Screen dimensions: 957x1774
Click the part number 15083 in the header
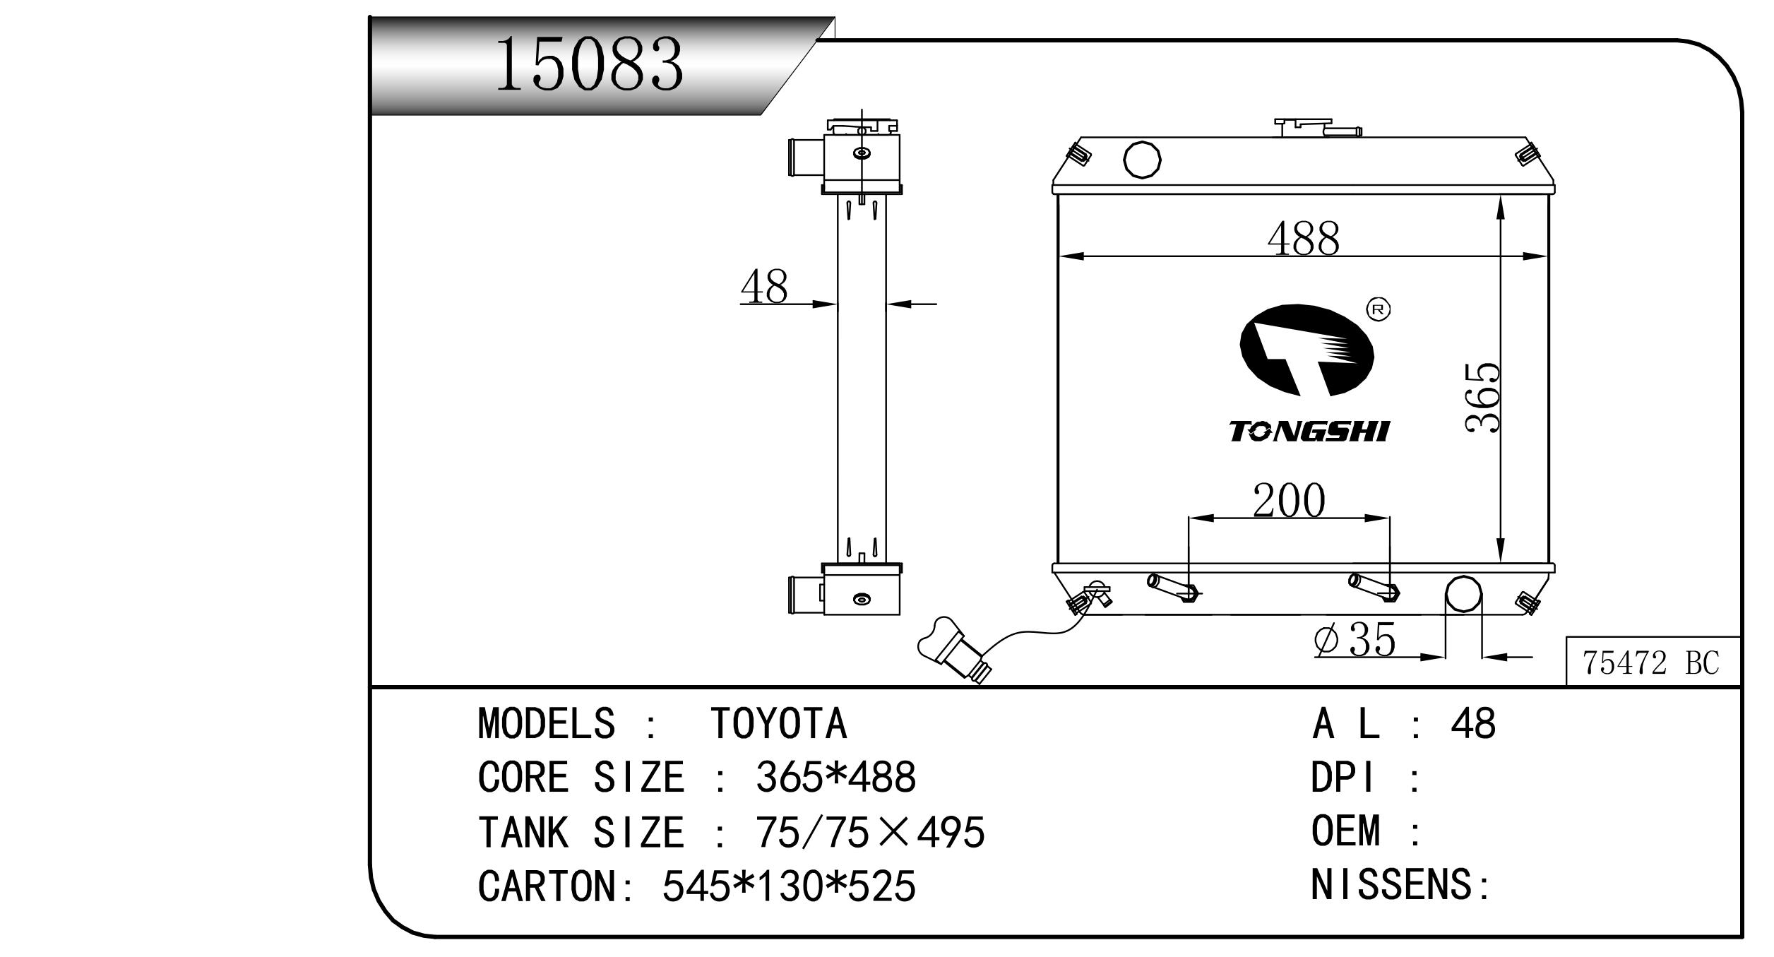click(590, 66)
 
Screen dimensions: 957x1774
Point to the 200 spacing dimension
click(1289, 501)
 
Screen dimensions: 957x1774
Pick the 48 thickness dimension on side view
click(764, 287)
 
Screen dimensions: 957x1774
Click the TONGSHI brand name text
click(1309, 431)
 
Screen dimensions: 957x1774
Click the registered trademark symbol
click(1379, 309)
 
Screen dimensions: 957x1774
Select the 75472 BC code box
click(1651, 662)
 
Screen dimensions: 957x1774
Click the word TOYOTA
click(778, 724)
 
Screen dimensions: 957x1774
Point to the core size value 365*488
click(835, 778)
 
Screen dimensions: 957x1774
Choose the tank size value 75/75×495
click(870, 832)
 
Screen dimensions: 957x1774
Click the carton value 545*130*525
click(788, 886)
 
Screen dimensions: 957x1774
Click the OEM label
click(1345, 831)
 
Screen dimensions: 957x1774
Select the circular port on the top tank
click(1142, 160)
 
